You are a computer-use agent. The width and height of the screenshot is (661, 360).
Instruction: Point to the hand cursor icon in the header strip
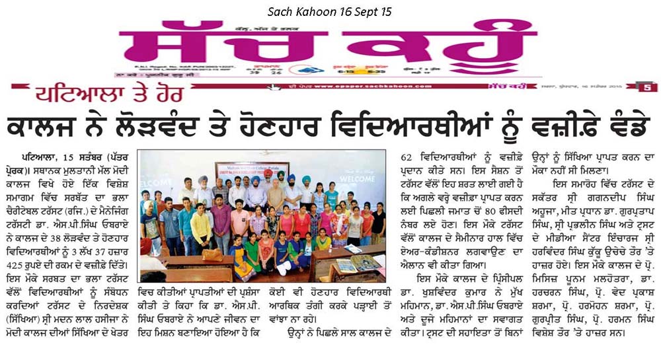[x=273, y=86]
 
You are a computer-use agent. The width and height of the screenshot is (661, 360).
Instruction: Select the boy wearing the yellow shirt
[x=200, y=228]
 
